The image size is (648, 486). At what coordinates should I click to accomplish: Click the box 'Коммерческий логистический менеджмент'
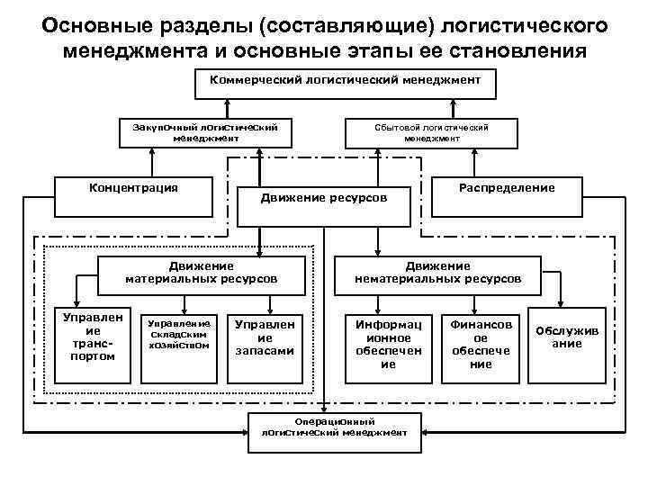[x=346, y=85]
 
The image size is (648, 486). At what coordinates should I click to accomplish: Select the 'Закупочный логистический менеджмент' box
[x=208, y=133]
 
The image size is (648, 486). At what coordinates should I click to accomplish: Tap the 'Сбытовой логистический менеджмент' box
[x=432, y=133]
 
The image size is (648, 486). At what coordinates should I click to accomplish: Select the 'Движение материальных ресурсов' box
[x=201, y=274]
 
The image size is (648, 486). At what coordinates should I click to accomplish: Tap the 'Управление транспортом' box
[x=86, y=338]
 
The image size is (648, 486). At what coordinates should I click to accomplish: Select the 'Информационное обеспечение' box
[x=388, y=343]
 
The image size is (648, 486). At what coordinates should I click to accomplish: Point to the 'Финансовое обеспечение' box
[x=481, y=343]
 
